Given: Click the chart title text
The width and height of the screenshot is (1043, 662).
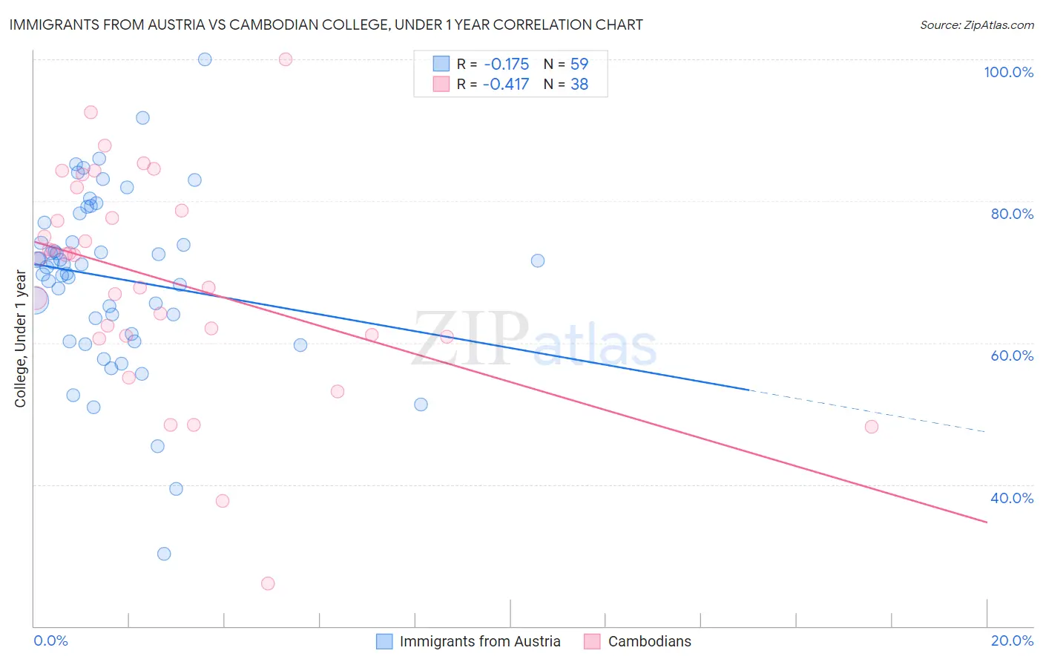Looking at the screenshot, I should (326, 24).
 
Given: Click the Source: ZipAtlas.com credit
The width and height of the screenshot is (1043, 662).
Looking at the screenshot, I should (976, 25).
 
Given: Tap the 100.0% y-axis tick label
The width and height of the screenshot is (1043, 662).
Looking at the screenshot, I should (1008, 72).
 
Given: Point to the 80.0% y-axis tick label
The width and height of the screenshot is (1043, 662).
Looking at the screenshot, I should (1012, 214).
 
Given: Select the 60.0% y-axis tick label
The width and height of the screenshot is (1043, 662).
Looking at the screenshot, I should (1012, 355).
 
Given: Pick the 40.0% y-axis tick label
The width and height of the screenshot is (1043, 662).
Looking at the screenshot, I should (1012, 498).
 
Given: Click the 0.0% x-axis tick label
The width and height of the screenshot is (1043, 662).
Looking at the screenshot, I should (50, 640).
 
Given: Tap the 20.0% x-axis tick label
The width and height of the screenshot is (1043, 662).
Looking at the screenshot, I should (1012, 640).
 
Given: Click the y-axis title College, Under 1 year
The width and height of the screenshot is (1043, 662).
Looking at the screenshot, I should (21, 338).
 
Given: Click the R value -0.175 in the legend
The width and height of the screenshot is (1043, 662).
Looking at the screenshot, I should (506, 65).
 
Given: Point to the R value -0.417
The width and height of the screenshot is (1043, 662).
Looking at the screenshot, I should (506, 85).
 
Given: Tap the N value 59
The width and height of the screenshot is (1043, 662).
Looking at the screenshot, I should (579, 65).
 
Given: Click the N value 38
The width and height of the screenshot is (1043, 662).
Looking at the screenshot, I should (579, 85).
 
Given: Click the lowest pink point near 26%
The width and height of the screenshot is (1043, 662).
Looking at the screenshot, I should (268, 583).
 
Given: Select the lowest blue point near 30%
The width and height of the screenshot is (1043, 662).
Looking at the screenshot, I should (164, 554).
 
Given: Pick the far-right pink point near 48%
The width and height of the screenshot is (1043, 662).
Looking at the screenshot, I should (872, 427).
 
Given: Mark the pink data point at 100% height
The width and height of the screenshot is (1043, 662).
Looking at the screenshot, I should (286, 59).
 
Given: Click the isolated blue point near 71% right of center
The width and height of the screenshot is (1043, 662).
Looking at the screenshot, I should (538, 260).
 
